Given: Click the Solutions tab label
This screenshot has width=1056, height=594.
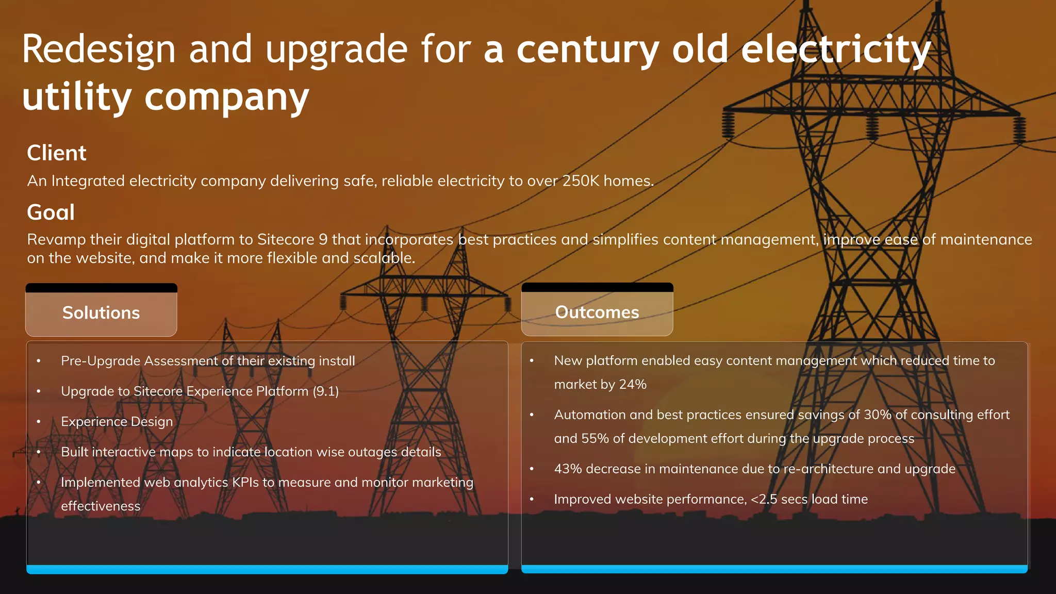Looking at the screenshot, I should (x=101, y=313).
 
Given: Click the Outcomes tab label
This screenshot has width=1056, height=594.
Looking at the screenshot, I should (x=597, y=312).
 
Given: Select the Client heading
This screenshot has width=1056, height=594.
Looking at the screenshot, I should (x=57, y=153).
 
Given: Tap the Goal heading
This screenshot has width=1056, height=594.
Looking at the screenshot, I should (x=51, y=212).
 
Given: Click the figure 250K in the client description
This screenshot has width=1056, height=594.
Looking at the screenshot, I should (x=581, y=181).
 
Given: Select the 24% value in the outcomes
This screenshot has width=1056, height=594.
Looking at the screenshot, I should (x=633, y=385).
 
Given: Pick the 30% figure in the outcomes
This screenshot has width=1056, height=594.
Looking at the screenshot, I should (x=878, y=415).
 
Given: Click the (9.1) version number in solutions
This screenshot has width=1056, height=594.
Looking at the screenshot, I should (x=326, y=391).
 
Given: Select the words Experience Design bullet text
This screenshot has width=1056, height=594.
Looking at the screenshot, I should (x=117, y=422).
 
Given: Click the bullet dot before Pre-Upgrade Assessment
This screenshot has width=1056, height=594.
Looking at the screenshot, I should (x=39, y=361).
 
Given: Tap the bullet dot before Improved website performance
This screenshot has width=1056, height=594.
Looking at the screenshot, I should (x=532, y=499).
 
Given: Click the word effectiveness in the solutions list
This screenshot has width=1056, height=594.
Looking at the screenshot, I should (x=101, y=506).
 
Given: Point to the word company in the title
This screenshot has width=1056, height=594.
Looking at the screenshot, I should (x=226, y=97).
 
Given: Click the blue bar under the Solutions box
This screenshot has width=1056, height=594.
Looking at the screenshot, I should (x=267, y=569).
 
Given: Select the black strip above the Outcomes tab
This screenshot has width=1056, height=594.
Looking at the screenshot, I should (x=597, y=287).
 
